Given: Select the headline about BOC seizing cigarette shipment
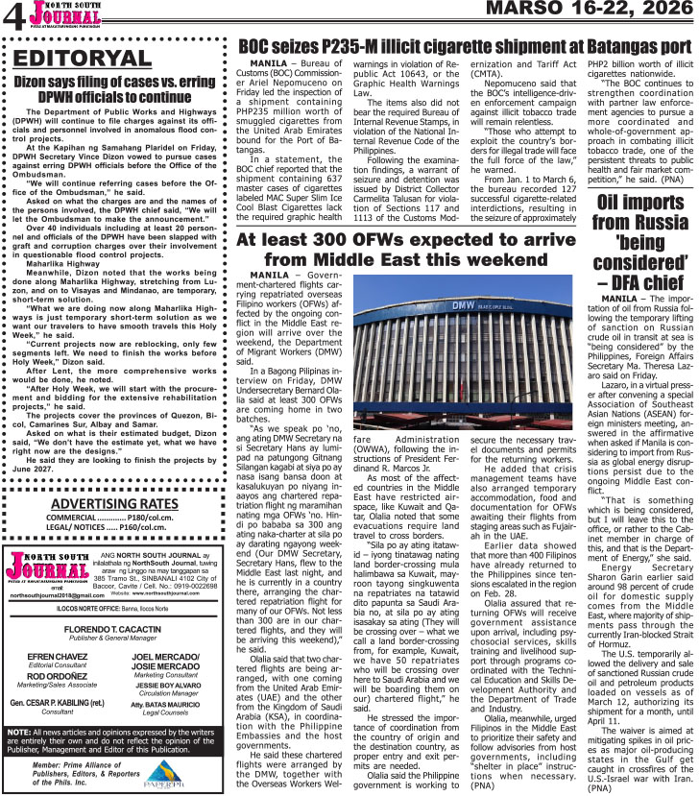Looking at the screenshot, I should click(x=464, y=44).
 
